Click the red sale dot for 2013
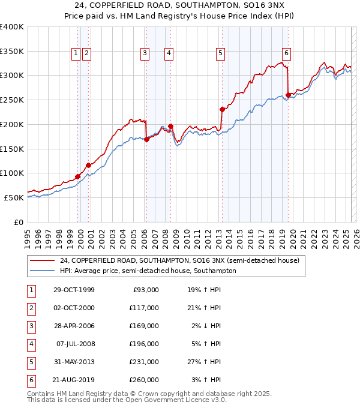pyautogui.click(x=222, y=109)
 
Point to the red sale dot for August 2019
pyautogui.click(x=288, y=95)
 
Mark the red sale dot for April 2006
pyautogui.click(x=146, y=139)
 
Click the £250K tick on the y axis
pyautogui.click(x=12, y=100)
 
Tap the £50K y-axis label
pyautogui.click(x=14, y=197)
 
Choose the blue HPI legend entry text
pyautogui.click(x=148, y=271)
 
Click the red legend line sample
pyautogui.click(x=42, y=260)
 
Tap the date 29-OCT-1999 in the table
pyautogui.click(x=73, y=290)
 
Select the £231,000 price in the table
pyautogui.click(x=145, y=362)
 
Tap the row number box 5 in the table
pyautogui.click(x=31, y=362)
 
